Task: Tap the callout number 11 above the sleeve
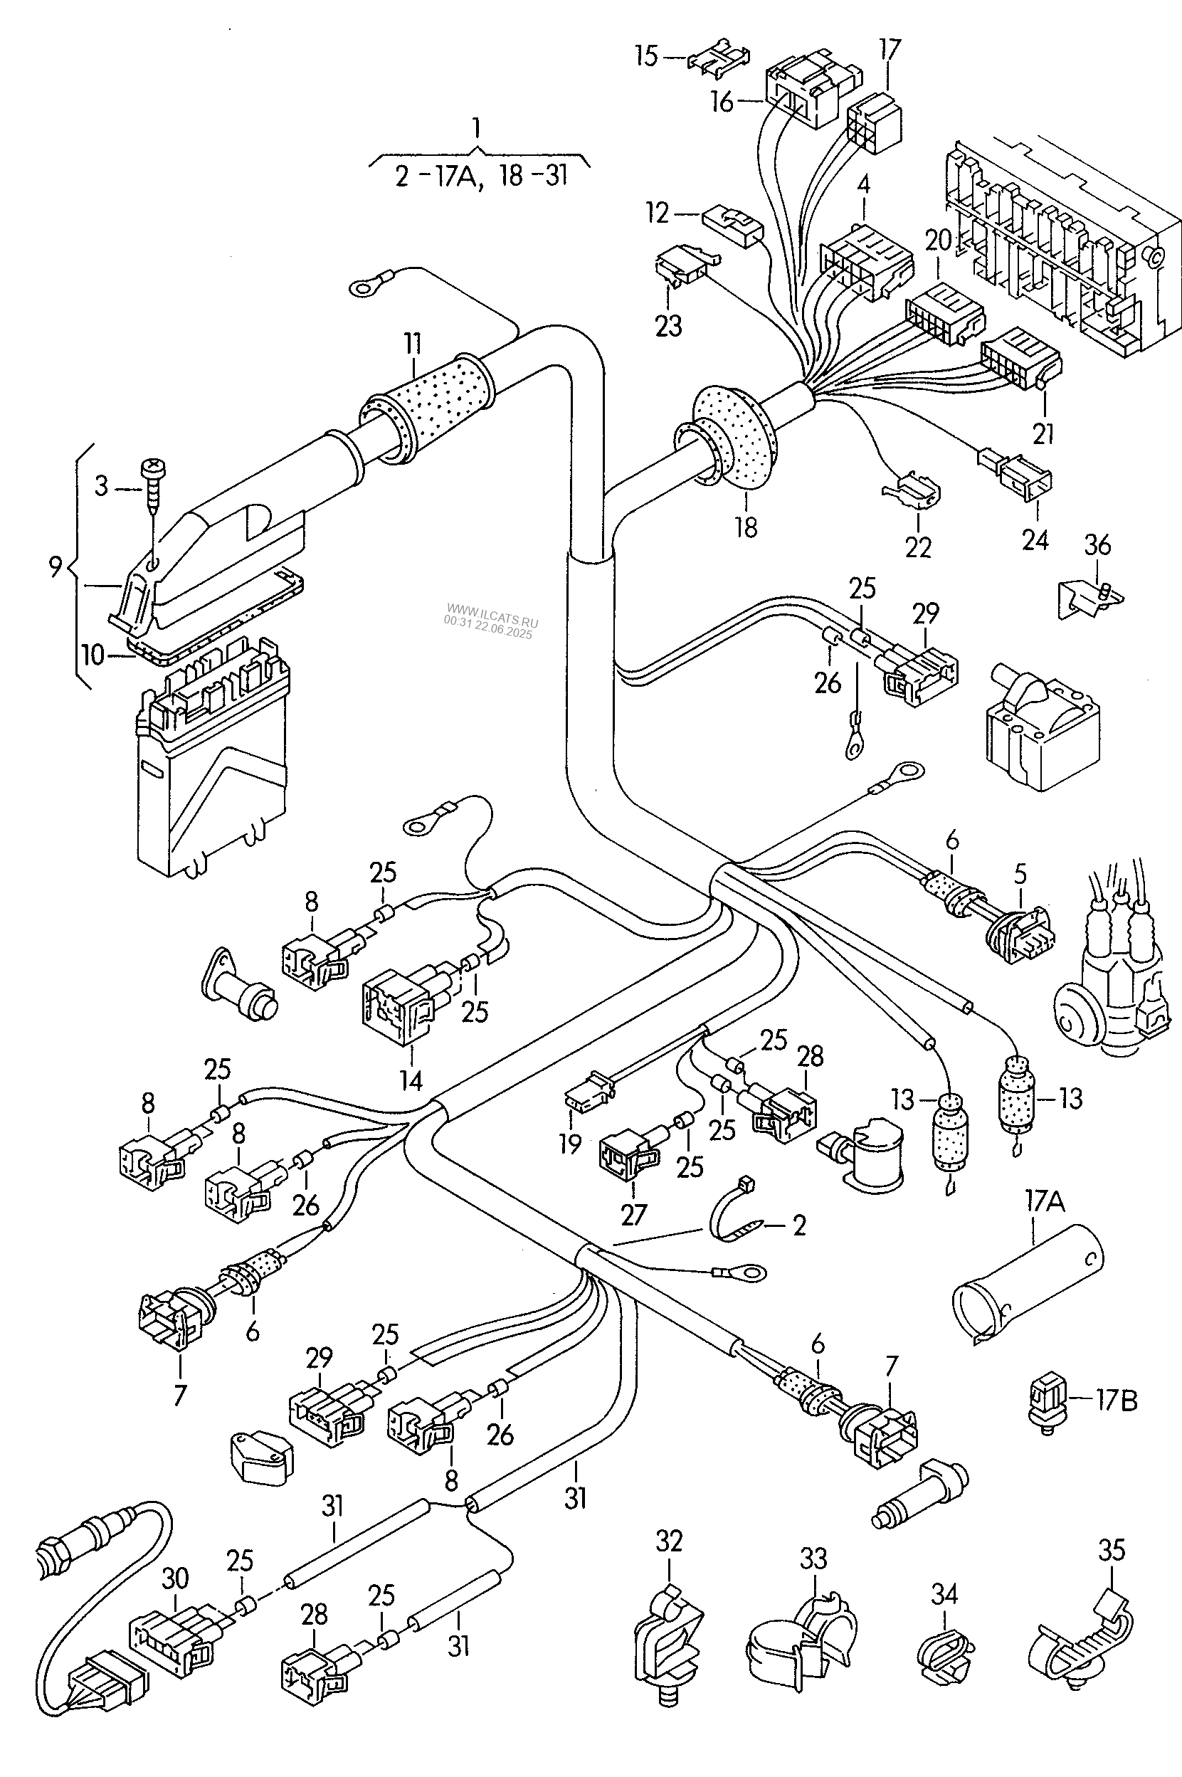point(412,343)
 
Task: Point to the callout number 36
point(1097,544)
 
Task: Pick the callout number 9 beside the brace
point(55,566)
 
